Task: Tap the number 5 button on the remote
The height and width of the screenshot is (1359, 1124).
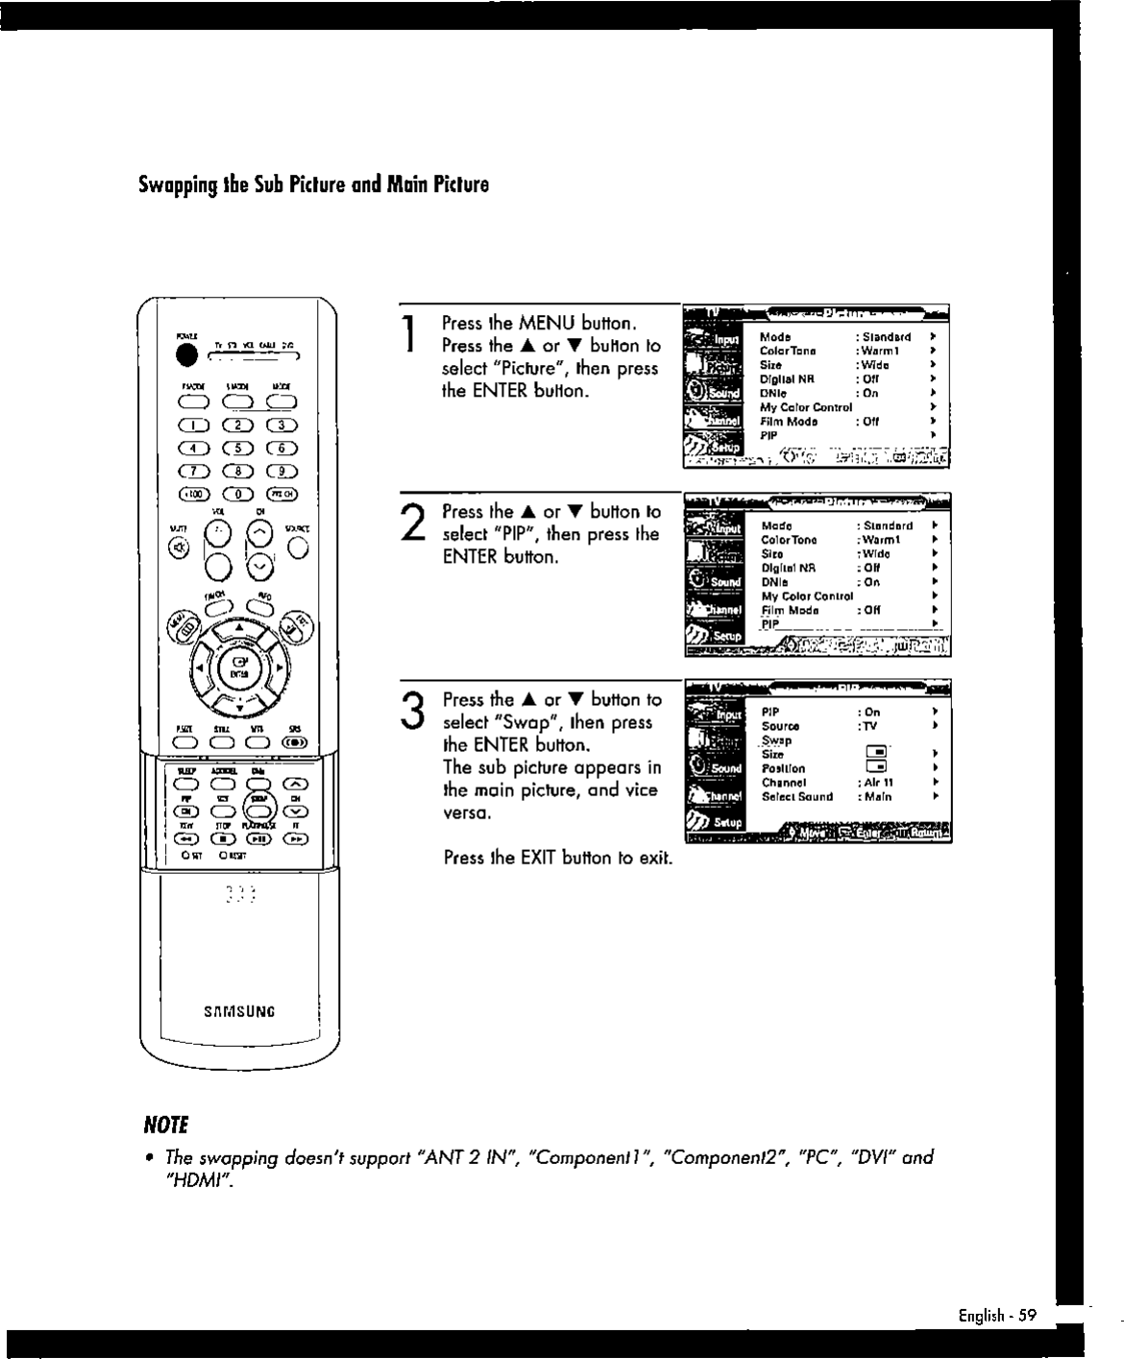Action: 233,448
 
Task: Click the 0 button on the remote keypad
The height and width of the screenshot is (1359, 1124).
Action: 233,494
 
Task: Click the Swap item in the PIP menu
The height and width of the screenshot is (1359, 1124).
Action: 776,740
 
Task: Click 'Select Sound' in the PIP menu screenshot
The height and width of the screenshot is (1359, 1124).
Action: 796,796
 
